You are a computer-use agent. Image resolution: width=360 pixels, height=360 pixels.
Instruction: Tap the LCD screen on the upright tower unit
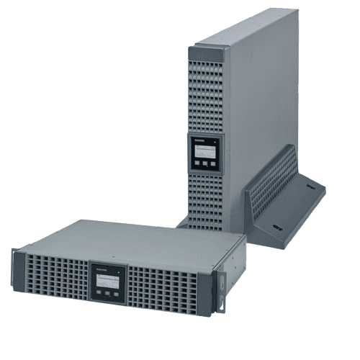204,150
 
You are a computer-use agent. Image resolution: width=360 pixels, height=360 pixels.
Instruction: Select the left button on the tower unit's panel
196,163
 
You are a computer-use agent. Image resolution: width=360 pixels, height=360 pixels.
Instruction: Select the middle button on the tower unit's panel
204,163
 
